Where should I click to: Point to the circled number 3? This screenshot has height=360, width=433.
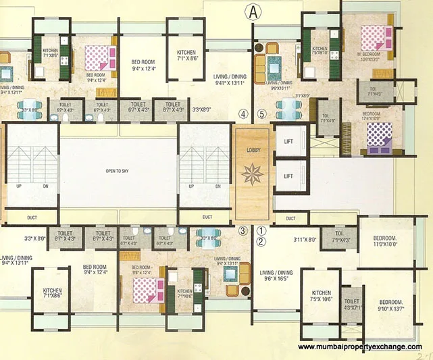(x=243, y=230)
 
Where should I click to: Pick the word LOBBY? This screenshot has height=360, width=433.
(x=254, y=150)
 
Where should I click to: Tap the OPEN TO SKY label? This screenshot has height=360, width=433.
(x=118, y=172)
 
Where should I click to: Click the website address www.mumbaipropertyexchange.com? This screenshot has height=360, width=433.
(x=359, y=346)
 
